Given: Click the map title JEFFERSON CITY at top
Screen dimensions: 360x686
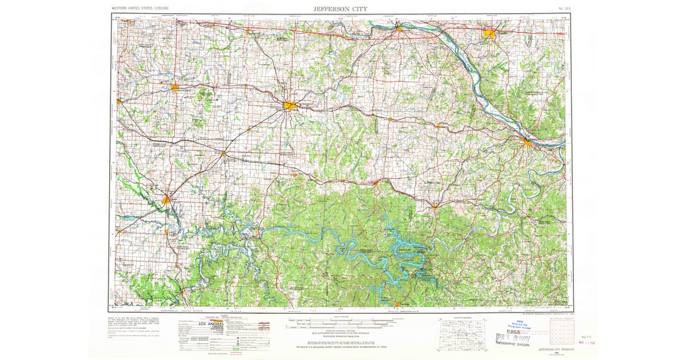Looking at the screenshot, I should pyautogui.click(x=340, y=9).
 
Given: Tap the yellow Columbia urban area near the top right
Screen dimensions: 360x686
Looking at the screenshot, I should pyautogui.click(x=489, y=34).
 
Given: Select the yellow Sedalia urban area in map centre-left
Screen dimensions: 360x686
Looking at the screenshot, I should pyautogui.click(x=290, y=105).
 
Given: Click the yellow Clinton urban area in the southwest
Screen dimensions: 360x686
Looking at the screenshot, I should pyautogui.click(x=166, y=200).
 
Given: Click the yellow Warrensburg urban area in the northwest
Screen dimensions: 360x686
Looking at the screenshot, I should pyautogui.click(x=175, y=87).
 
